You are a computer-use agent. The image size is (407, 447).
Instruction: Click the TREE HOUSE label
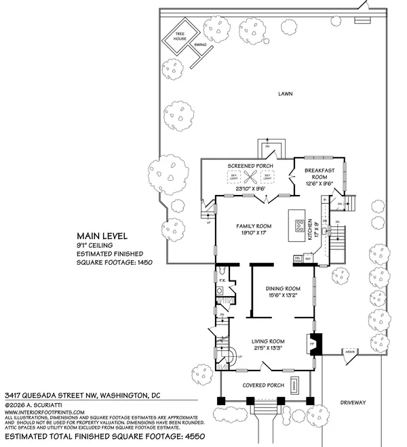[181, 35]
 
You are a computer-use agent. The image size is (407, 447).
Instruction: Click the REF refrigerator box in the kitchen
[307, 259]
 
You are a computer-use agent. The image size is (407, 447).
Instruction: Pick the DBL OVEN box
[297, 259]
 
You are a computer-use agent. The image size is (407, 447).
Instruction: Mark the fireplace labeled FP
[313, 343]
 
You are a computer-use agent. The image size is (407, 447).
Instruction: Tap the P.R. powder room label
[222, 279]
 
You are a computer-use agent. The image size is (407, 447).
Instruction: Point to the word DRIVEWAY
[353, 402]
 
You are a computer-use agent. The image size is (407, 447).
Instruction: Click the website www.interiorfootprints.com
[45, 412]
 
